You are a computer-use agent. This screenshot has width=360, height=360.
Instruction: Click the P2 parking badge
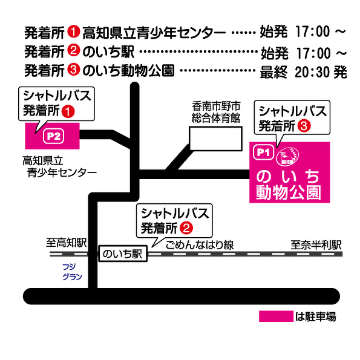(53, 136)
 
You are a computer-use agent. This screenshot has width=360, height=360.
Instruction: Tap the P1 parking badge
(263, 152)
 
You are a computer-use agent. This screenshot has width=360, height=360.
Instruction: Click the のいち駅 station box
(123, 254)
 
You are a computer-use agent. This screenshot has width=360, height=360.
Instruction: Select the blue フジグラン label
(72, 272)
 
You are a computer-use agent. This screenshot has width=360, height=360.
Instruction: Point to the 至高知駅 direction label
(67, 243)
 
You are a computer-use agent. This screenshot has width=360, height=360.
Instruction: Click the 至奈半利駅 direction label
(316, 245)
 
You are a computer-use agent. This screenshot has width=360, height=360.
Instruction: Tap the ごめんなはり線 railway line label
(200, 245)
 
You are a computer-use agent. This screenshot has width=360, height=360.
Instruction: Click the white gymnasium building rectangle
(215, 139)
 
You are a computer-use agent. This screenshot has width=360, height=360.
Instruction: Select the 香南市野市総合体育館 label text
(216, 113)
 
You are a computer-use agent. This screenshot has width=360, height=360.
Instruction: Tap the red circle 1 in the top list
(73, 31)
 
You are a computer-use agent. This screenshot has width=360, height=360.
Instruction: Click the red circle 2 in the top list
(73, 50)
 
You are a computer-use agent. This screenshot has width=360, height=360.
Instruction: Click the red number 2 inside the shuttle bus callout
(186, 228)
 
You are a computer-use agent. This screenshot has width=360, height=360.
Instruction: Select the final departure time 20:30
(313, 72)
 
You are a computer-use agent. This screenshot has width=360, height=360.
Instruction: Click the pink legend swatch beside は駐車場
(276, 316)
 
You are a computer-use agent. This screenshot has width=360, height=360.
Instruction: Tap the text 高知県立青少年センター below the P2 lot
(59, 166)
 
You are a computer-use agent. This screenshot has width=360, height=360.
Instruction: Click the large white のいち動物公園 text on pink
(288, 185)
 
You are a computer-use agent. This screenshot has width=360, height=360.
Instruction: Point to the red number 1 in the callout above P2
(68, 111)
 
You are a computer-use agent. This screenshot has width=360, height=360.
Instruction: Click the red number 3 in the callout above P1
(304, 126)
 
